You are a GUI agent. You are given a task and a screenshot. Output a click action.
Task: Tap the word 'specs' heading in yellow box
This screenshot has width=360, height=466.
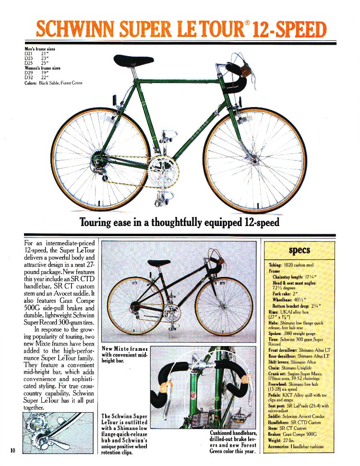click(299, 251)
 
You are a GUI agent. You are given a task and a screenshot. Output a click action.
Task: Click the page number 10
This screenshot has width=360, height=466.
click(13, 450)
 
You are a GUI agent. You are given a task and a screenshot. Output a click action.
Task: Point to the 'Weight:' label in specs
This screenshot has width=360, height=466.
click(277, 441)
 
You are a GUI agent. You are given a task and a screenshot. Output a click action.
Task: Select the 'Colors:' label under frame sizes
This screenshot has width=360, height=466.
click(32, 83)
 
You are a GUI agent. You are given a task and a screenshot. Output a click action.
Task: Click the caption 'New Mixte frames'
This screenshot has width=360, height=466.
click(125, 348)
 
